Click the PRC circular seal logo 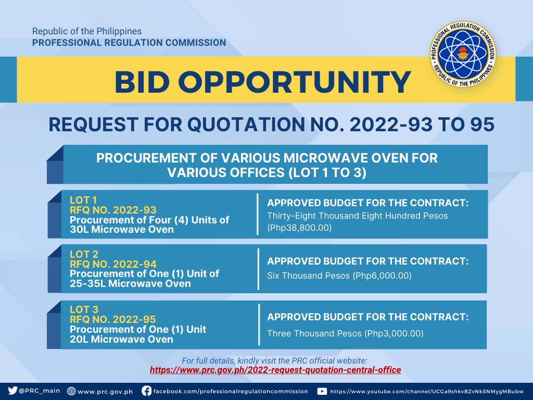click(463, 54)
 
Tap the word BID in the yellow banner click(142, 82)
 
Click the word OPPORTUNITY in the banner click(295, 82)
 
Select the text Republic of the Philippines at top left click(87, 31)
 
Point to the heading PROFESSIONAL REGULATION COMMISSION click(129, 43)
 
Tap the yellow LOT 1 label click(83, 200)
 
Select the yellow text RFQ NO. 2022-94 click(113, 264)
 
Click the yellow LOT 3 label click(84, 309)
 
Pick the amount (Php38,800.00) click(299, 228)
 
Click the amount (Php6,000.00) click(383, 276)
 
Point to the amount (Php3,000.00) click(394, 333)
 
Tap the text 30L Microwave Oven click(122, 230)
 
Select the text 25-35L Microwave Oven click(130, 284)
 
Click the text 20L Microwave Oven click(121, 339)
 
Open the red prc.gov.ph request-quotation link click(275, 370)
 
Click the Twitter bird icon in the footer click(12, 391)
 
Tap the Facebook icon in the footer click(146, 391)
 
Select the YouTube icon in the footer click(322, 391)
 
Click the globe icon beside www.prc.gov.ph click(71, 391)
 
